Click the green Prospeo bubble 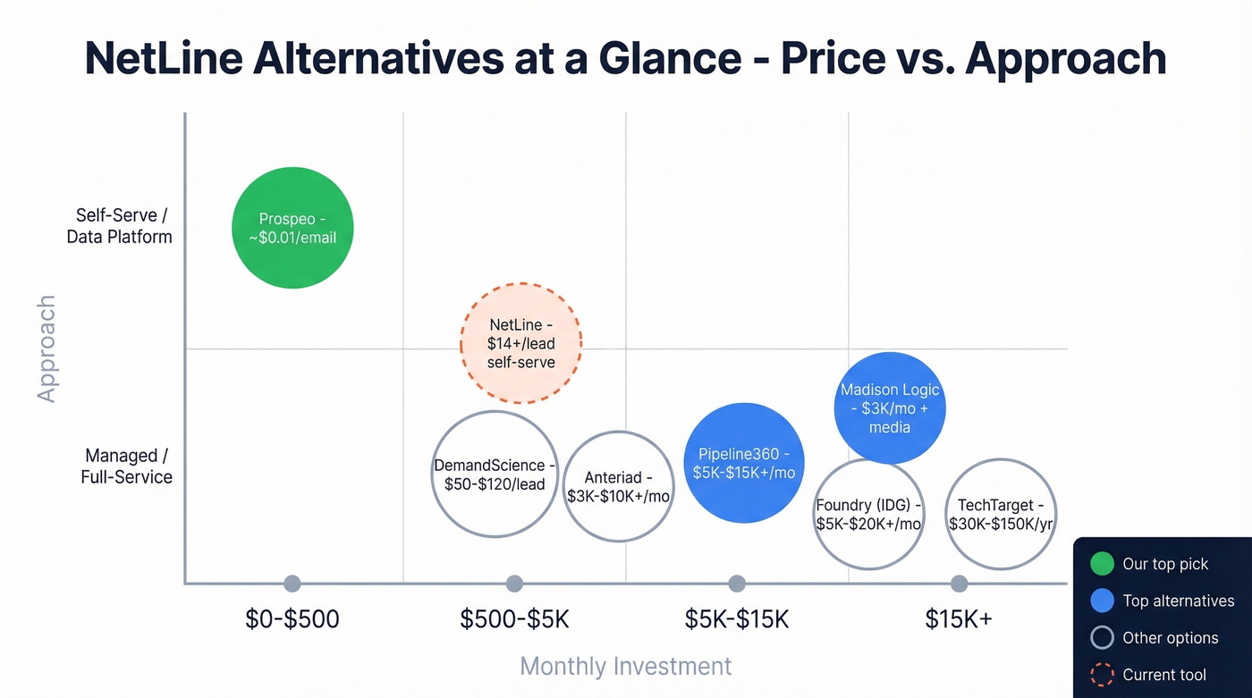292,228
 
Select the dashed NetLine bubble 521,343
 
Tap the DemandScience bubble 495,474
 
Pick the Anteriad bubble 618,486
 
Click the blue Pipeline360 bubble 745,462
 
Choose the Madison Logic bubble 890,408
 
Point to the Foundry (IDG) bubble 868,514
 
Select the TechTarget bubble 1001,514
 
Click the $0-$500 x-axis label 292,618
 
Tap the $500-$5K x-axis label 514,618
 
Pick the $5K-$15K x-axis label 737,618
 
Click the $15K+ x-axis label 959,618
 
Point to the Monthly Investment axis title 625,666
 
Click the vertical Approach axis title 47,349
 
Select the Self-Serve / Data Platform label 119,226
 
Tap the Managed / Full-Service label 126,466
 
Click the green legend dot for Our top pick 1103,564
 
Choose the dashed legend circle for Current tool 1103,675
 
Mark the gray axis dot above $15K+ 959,584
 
